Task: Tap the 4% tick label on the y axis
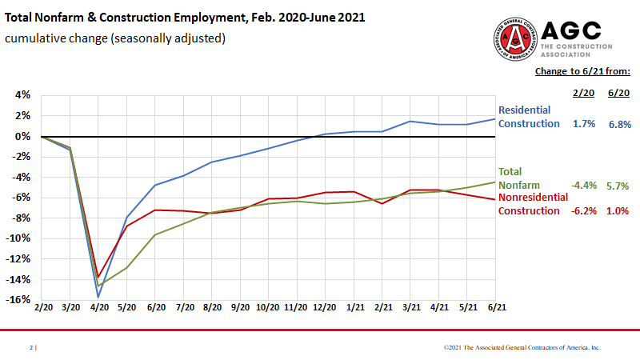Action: [x=22, y=95]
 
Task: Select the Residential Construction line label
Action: [x=529, y=117]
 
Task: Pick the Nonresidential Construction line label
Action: [x=533, y=204]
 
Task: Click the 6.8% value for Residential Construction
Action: [x=619, y=125]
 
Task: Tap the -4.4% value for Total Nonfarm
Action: [x=585, y=186]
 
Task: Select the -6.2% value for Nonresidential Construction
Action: [x=585, y=211]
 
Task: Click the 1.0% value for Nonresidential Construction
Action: [x=619, y=211]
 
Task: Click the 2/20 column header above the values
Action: [x=584, y=93]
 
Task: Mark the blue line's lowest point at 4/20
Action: [x=98, y=298]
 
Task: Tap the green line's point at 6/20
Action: [x=155, y=234]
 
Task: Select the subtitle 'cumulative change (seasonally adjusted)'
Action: [x=115, y=38]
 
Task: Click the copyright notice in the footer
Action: [x=522, y=348]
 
